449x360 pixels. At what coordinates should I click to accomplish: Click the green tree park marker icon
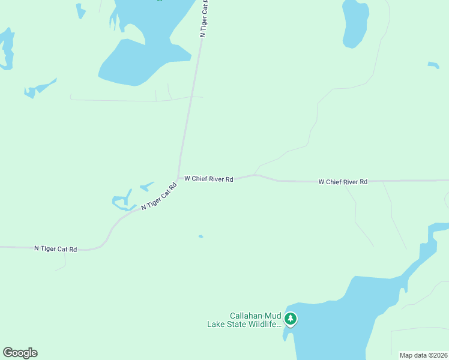pos(291,319)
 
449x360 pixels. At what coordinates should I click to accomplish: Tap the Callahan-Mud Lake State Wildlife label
pos(244,320)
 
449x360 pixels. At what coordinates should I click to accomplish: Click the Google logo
pos(20,353)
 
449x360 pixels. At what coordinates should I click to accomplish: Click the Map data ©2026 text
pos(423,355)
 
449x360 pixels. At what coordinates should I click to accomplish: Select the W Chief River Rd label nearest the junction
pos(208,178)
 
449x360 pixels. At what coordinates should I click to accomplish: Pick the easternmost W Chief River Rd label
pos(342,181)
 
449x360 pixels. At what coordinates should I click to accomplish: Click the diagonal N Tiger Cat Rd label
pos(159,196)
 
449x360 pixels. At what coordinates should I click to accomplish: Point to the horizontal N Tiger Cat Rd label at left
pos(55,248)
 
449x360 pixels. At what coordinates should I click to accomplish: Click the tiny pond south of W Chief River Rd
pos(200,236)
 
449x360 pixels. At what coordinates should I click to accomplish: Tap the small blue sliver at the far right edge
pos(433,64)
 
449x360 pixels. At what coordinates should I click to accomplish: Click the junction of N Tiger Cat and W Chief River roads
pos(178,178)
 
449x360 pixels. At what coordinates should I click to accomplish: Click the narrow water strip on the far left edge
pos(7,48)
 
